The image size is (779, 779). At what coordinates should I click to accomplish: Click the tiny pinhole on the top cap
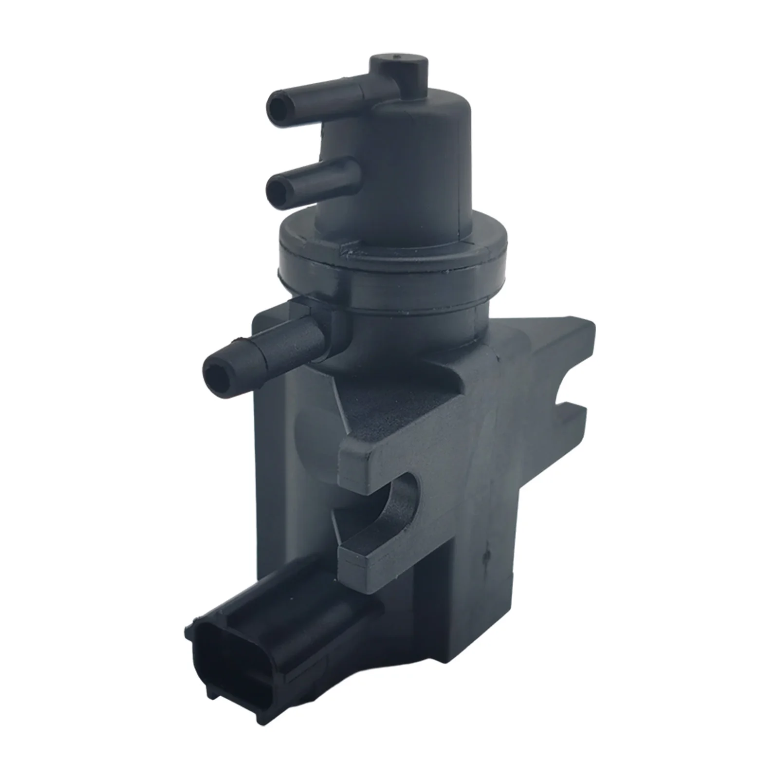(x=399, y=59)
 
